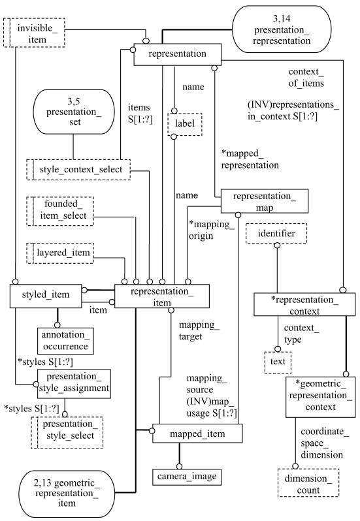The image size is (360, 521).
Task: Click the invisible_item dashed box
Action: click(34, 33)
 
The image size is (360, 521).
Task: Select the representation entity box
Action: click(177, 54)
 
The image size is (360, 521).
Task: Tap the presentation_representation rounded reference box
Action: click(282, 29)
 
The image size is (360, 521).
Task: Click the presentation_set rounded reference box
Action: click(74, 112)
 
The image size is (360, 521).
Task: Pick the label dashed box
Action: click(185, 124)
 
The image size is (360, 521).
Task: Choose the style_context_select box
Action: click(78, 170)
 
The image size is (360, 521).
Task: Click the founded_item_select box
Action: click(60, 211)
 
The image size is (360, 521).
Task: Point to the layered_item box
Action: click(60, 253)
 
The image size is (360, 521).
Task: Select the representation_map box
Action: click(264, 201)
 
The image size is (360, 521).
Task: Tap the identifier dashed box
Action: click(276, 233)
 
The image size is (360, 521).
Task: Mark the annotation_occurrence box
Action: click(65, 341)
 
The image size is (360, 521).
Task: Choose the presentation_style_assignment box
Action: click(74, 383)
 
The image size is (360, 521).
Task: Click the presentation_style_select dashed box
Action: click(67, 433)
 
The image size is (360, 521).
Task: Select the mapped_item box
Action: click(197, 434)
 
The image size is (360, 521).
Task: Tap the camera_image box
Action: click(187, 477)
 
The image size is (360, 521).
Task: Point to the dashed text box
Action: click(278, 362)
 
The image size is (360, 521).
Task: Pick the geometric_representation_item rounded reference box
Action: click(67, 494)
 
